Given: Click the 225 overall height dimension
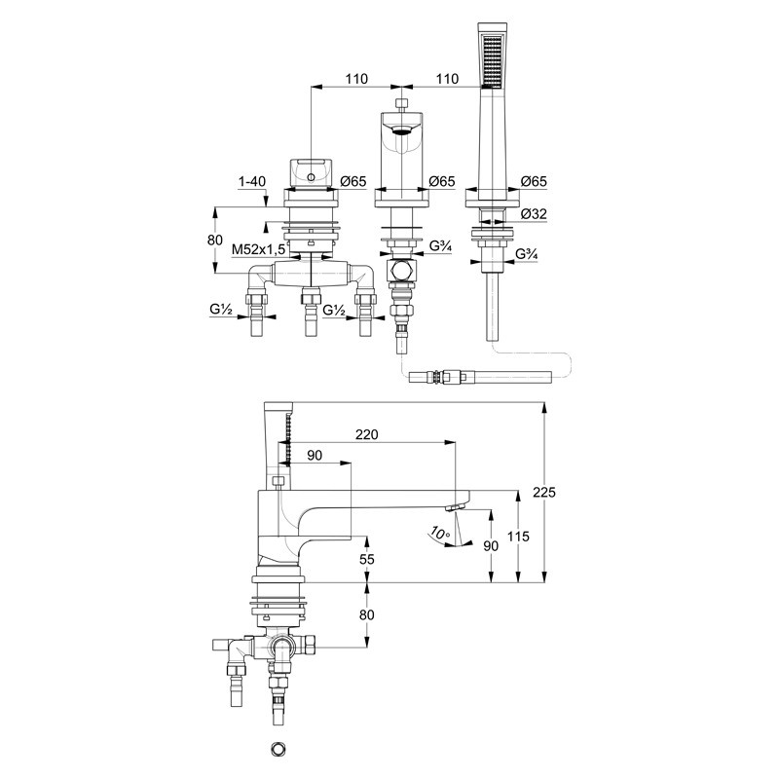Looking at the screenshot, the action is pos(544,492).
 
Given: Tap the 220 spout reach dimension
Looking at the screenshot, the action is pos(367,434).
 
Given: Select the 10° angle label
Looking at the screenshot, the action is pos(440,533).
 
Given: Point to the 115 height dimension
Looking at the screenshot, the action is pos(518,537).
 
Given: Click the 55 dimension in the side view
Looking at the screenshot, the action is pos(367,559).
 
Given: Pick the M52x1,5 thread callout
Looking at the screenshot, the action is pos(258,249).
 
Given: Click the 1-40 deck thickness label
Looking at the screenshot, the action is pos(252,181).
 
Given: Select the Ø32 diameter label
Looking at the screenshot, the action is pos(534,213).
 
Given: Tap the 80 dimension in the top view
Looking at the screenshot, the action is pos(214,240).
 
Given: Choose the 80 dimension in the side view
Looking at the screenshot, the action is pos(367,614).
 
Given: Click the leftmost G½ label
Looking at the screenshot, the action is pos(221,309).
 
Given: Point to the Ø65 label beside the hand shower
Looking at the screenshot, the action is pos(534,181).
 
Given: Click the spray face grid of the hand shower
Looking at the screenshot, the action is pos(493,60).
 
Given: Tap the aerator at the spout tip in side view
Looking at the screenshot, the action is pos(455,506).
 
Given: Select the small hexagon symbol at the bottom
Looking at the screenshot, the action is pos(278,749).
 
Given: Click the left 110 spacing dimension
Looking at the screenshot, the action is pos(356,79).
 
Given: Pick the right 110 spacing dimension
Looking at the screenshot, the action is pos(447,79).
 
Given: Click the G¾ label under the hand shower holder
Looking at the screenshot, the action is pos(527,254).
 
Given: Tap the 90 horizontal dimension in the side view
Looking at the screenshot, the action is pos(315,455).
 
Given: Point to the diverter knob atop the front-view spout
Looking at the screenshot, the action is pos(402,104).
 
